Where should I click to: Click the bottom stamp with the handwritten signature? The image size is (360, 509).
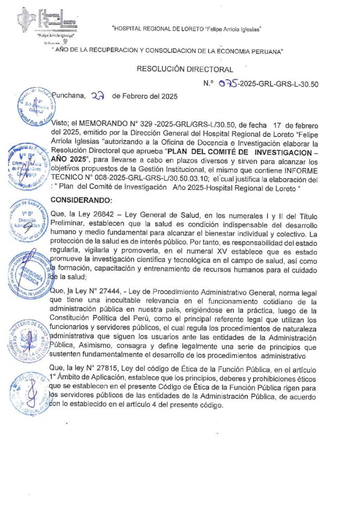(30, 393)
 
